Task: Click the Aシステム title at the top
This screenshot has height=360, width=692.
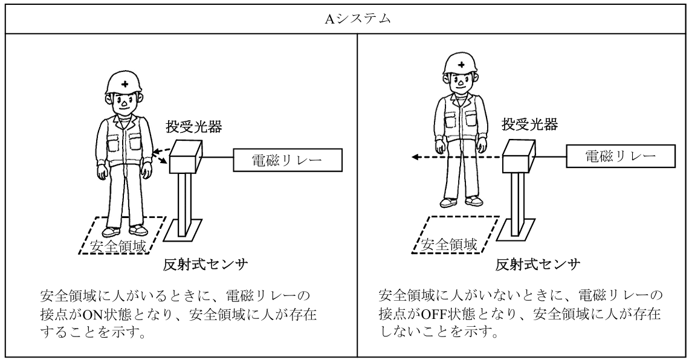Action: pos(358,19)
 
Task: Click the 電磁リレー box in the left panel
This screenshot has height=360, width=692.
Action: pos(288,160)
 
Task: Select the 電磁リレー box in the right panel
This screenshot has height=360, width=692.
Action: pos(621,156)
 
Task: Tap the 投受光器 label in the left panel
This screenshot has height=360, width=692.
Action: pos(194,127)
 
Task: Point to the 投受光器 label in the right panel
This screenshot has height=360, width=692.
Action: pos(529,124)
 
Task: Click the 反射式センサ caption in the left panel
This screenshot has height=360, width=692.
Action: pos(205,265)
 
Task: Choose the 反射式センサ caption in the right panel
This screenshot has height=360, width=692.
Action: pos(537,265)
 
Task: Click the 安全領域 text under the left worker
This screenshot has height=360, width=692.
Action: pos(117,246)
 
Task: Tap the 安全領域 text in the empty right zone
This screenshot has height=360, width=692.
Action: pos(449,244)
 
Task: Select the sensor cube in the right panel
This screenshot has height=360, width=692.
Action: pos(519,155)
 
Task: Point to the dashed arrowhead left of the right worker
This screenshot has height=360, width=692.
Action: pos(415,156)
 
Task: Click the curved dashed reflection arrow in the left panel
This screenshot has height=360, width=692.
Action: pos(161,155)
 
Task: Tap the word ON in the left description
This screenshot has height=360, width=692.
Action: pos(92,314)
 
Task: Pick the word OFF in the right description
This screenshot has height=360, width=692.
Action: pos(435,314)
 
